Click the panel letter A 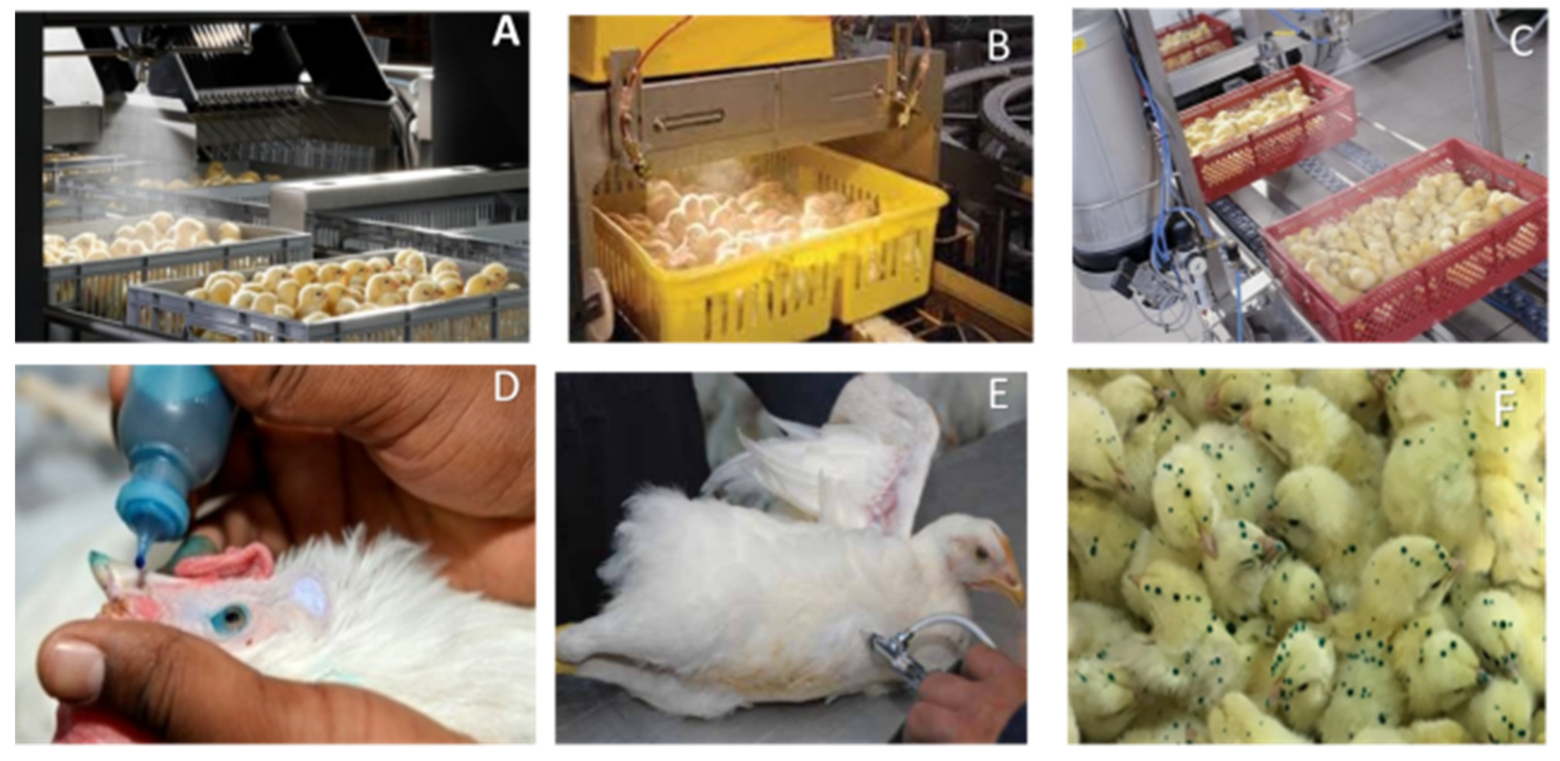(x=506, y=32)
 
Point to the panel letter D (x=506, y=387)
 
